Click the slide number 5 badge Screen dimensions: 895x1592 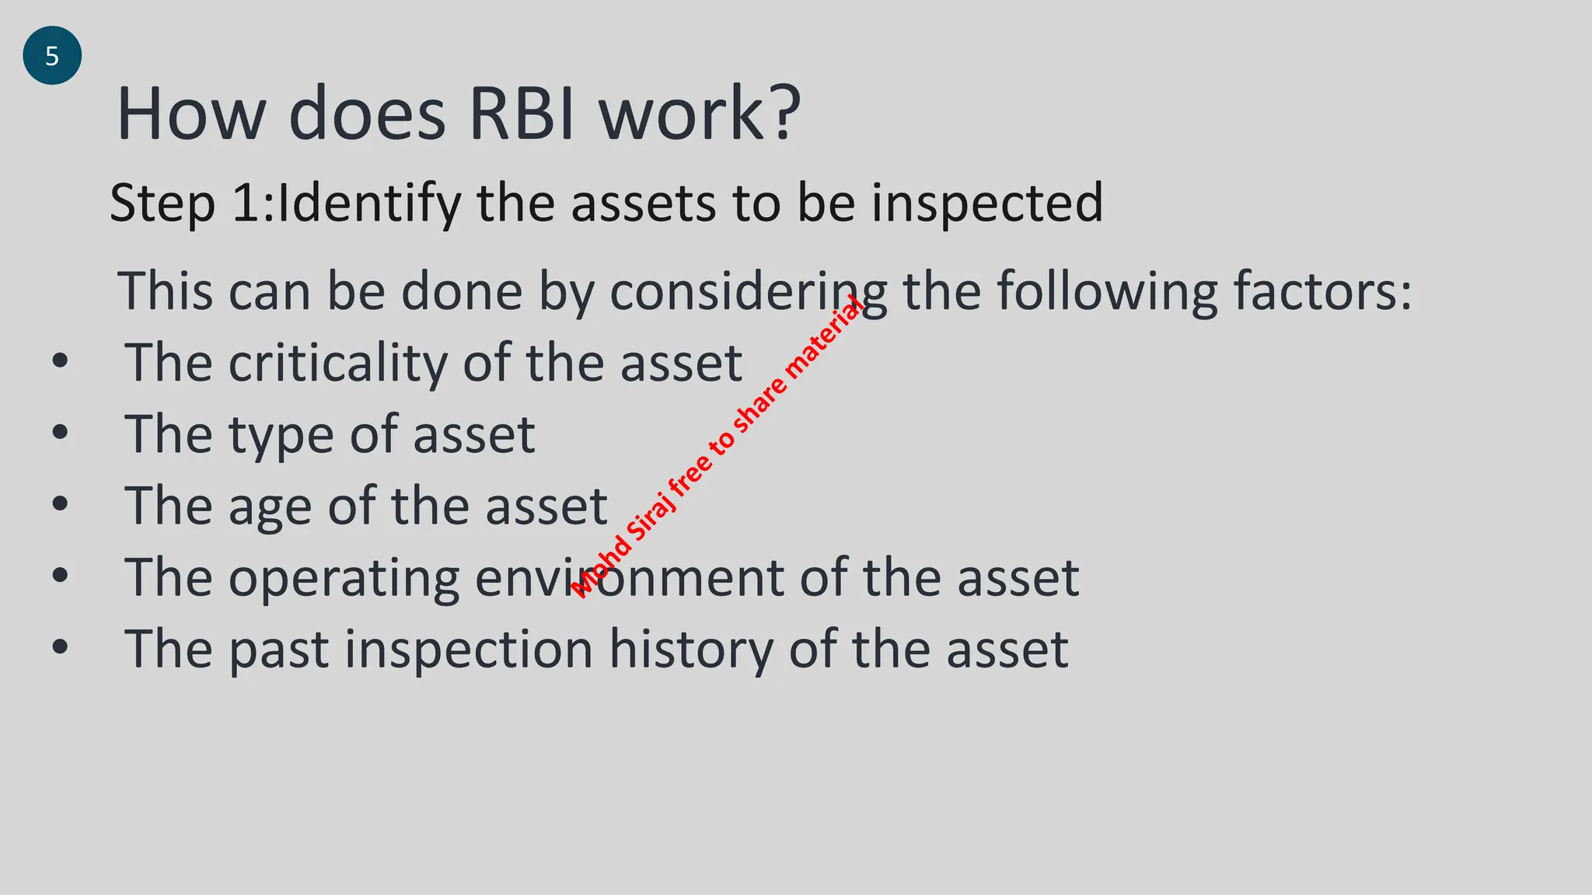(x=52, y=56)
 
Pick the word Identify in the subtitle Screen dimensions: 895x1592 (x=369, y=204)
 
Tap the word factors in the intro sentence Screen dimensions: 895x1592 (x=1321, y=291)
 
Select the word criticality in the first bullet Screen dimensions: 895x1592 (x=338, y=363)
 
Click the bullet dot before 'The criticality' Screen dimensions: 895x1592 (x=61, y=361)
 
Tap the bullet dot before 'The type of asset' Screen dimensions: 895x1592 (x=61, y=433)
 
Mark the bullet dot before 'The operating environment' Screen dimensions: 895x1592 (x=61, y=576)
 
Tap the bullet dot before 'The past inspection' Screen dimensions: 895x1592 (x=61, y=647)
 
